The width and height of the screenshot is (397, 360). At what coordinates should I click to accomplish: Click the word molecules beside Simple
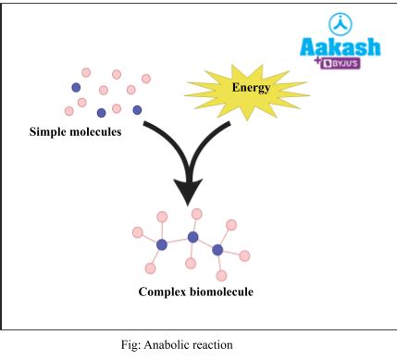pos(103,132)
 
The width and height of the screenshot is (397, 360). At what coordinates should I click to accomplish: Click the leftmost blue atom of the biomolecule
pos(162,244)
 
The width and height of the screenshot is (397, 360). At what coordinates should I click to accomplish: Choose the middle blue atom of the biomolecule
pos(192,238)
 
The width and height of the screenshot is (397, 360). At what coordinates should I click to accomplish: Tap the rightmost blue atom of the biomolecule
pos(217,249)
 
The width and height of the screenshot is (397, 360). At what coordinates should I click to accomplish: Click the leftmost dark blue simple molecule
pos(76,87)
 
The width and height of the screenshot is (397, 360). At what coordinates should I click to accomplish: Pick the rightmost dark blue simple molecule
pos(137,110)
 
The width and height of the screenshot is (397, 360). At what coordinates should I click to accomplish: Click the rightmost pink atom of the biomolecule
pos(245,255)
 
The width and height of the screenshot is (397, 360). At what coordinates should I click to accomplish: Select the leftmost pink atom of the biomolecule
pos(138,231)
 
